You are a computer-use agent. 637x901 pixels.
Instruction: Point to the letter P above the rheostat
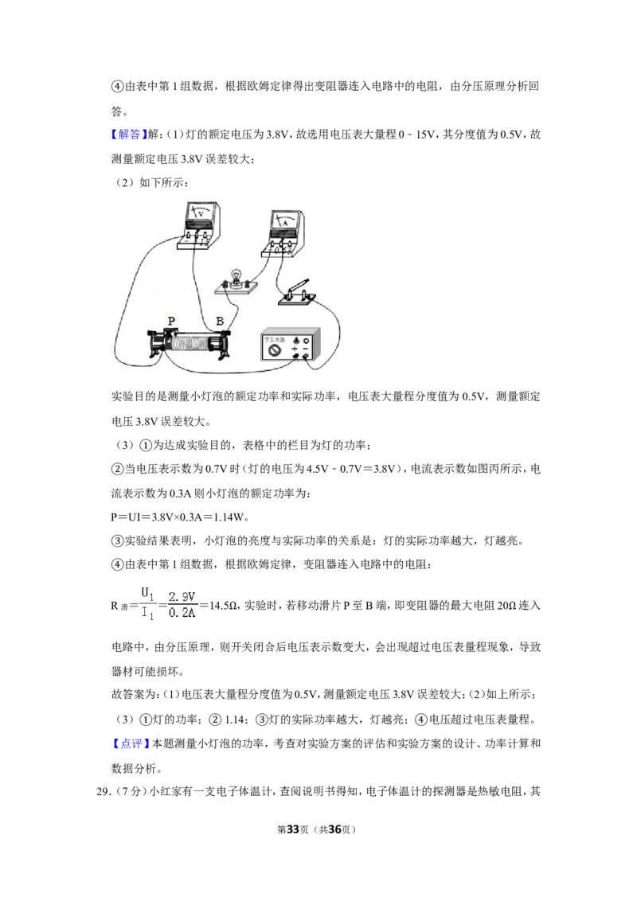(x=171, y=322)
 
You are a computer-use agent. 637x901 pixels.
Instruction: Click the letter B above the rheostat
(x=220, y=322)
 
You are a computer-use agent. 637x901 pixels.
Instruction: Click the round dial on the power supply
(x=274, y=351)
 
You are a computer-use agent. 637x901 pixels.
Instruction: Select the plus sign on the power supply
(x=295, y=349)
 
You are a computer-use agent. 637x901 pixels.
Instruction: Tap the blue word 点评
(x=131, y=743)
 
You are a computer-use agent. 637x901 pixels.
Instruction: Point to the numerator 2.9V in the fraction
(x=182, y=597)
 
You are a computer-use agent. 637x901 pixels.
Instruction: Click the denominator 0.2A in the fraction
(x=182, y=613)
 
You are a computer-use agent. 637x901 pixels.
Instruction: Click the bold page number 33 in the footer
(x=293, y=829)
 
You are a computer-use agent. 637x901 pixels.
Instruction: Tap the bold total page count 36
(x=334, y=829)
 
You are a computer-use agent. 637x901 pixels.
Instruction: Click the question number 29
(x=103, y=792)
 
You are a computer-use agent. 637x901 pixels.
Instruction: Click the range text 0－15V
(x=416, y=135)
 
